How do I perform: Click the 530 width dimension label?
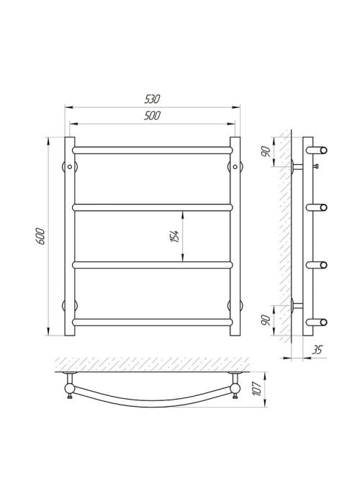[x=152, y=99]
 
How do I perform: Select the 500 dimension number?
[x=152, y=115]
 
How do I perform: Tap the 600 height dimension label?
[x=41, y=236]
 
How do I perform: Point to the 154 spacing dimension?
[x=175, y=236]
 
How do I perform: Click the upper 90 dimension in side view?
[x=266, y=151]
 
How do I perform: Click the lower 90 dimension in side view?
[x=266, y=320]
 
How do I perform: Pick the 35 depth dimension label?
[x=317, y=350]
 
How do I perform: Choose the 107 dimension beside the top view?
[x=257, y=389]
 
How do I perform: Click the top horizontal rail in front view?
[x=153, y=150]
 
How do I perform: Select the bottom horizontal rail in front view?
[x=153, y=322]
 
